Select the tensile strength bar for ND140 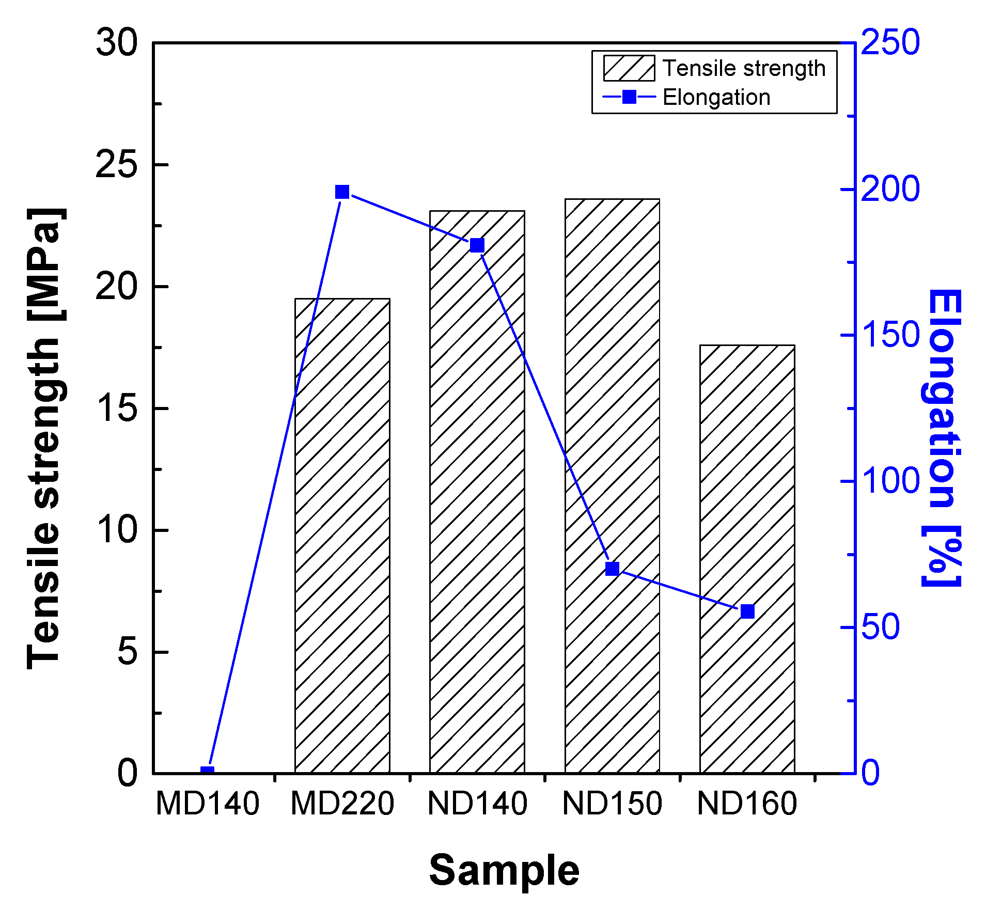(477, 491)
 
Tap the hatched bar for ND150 (612, 485)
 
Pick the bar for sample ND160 (747, 558)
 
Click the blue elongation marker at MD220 (342, 192)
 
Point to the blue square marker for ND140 (477, 245)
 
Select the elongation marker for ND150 (612, 569)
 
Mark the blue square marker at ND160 (747, 611)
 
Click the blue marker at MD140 (207, 772)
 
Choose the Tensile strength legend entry (715, 68)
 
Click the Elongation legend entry (687, 97)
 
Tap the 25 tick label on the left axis (117, 165)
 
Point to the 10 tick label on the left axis (117, 530)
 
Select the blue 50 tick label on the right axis (881, 627)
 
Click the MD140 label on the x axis (207, 804)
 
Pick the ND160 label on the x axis (747, 804)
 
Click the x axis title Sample (504, 871)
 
